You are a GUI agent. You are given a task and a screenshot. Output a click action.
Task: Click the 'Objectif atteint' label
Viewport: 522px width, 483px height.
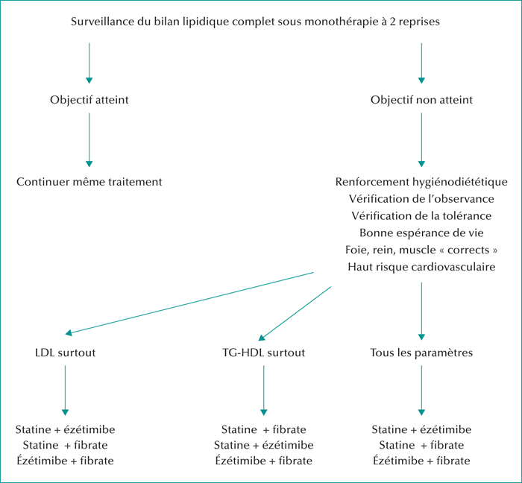click(x=89, y=100)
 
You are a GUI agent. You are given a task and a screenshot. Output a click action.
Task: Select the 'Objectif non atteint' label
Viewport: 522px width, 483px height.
click(x=421, y=100)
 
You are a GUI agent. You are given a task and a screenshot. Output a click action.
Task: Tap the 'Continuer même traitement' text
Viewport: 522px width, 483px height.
click(x=89, y=182)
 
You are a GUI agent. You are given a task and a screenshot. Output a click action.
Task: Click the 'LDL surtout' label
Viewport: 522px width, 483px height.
click(x=66, y=353)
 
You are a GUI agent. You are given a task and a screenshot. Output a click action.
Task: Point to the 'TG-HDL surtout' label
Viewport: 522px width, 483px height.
click(x=264, y=353)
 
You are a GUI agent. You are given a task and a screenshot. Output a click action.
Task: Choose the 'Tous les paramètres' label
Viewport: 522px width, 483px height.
click(x=421, y=353)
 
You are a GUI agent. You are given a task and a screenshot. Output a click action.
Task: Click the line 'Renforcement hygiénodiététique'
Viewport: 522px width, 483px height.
click(x=421, y=182)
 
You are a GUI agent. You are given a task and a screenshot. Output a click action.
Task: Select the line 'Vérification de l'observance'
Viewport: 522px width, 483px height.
click(x=421, y=199)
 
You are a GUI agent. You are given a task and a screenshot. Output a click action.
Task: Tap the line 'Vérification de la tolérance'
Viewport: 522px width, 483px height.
click(x=421, y=216)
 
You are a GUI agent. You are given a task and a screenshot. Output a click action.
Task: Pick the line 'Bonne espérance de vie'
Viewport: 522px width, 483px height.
click(x=421, y=233)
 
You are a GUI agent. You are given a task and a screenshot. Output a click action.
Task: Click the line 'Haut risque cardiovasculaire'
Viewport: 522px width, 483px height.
click(x=421, y=267)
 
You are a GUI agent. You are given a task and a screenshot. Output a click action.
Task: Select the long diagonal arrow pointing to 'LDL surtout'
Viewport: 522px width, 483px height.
click(x=189, y=303)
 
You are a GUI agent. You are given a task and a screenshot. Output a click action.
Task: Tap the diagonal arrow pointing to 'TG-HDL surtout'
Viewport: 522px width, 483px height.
click(x=295, y=313)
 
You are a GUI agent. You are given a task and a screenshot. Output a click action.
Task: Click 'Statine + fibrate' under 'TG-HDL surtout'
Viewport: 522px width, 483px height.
click(x=264, y=430)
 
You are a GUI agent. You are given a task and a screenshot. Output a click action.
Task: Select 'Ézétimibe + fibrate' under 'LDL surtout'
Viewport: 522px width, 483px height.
click(x=66, y=461)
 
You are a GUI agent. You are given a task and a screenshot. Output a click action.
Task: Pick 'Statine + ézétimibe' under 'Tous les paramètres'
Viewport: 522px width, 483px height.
click(x=421, y=430)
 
